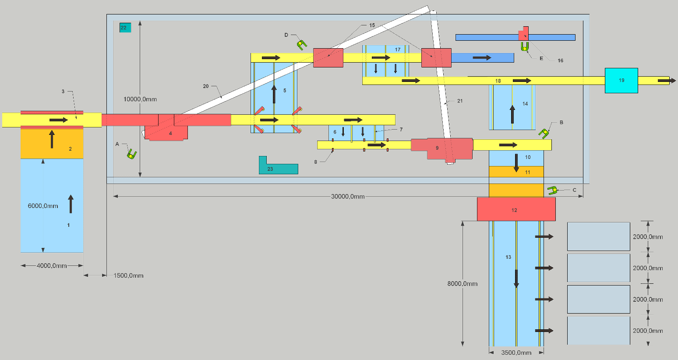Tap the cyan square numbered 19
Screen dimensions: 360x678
pos(621,81)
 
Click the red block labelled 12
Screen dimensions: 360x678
pos(516,209)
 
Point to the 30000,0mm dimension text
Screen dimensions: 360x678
pos(348,197)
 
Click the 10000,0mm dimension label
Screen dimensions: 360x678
pos(140,99)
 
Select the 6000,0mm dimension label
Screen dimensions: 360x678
pos(43,206)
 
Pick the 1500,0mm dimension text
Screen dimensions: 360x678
pos(128,275)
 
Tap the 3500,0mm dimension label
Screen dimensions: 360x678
pos(516,353)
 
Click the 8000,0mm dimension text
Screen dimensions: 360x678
pos(463,284)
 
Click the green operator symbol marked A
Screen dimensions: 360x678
pos(131,154)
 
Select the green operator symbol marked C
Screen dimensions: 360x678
pos(552,191)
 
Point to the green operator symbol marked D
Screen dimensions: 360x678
pos(301,44)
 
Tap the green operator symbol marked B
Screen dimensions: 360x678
pos(544,133)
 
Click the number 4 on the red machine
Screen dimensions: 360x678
pos(170,133)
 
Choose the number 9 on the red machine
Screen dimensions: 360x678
pos(437,148)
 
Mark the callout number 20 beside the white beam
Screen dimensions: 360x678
pos(206,86)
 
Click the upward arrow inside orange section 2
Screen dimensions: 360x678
pos(52,139)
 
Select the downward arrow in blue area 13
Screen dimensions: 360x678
pos(516,279)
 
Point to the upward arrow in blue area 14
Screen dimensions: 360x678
pos(512,114)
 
